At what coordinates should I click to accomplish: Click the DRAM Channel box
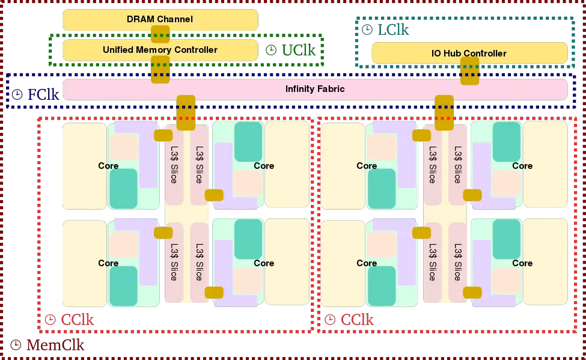click(160, 19)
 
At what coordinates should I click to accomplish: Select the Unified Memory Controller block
click(160, 50)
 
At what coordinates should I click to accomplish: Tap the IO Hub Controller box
click(469, 53)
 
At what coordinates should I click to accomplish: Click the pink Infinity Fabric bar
click(315, 89)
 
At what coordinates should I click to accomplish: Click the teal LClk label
click(393, 29)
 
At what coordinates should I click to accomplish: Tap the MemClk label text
click(56, 345)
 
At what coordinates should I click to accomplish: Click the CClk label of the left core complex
click(78, 320)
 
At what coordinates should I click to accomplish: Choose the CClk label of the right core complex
click(357, 320)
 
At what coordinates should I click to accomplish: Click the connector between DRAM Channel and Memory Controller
click(160, 34)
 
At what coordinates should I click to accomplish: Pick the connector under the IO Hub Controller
click(469, 70)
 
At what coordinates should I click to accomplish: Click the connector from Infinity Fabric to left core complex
click(186, 108)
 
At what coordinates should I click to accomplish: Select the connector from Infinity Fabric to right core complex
click(444, 108)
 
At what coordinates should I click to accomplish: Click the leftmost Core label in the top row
click(108, 165)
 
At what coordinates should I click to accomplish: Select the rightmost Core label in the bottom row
click(522, 263)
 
